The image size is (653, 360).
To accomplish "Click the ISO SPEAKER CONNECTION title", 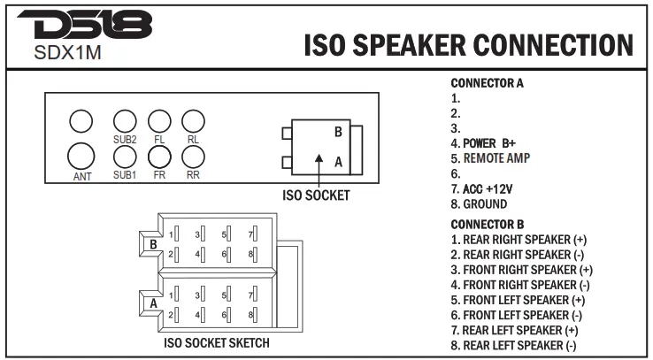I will [x=468, y=45].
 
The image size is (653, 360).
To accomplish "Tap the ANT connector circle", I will [x=81, y=157].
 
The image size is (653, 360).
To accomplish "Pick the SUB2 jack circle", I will [x=125, y=121].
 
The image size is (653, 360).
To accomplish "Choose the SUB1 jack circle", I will [x=125, y=156].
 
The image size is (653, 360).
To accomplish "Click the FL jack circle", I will [x=159, y=121].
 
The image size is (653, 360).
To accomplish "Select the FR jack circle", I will [x=159, y=156].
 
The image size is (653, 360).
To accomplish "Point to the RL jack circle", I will [x=193, y=121].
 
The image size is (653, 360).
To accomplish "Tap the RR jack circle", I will [x=193, y=156].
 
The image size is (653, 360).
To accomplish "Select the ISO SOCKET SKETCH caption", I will [x=217, y=342].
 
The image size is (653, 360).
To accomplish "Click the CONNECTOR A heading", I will [x=487, y=83].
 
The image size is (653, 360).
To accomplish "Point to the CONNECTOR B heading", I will [x=487, y=225].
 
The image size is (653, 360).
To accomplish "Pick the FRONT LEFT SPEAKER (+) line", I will [x=521, y=300].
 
